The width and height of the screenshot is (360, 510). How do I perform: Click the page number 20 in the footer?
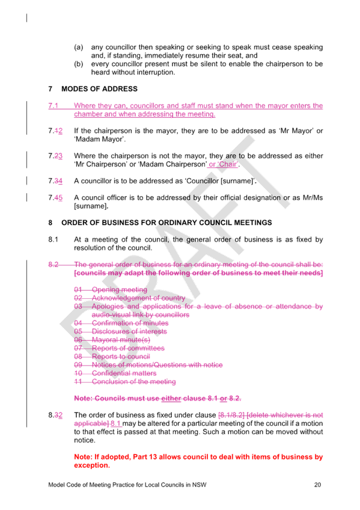[x=317, y=485]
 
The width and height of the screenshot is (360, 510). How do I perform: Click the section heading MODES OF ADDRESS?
[x=99, y=89]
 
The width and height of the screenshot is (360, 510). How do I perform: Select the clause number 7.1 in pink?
[x=53, y=106]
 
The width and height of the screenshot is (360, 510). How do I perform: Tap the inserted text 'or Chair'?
[x=223, y=164]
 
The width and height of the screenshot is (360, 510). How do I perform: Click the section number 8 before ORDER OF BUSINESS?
[x=50, y=223]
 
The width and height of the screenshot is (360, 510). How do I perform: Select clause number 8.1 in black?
[x=53, y=239]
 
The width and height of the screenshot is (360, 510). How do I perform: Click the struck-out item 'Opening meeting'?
[x=120, y=289]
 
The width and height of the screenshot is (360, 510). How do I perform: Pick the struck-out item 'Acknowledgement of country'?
[x=138, y=298]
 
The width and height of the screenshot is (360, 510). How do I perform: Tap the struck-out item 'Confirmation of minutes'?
[x=130, y=323]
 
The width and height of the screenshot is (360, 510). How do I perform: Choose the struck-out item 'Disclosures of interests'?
[x=129, y=331]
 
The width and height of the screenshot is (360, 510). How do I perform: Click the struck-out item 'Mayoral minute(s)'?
[x=121, y=340]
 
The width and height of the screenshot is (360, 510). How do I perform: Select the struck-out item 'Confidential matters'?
[x=124, y=373]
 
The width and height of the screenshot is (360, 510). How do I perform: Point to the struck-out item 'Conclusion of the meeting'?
[x=134, y=381]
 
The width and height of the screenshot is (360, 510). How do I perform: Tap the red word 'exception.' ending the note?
[x=92, y=465]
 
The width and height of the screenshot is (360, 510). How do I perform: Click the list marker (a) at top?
[x=79, y=47]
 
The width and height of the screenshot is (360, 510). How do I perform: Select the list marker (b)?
[x=79, y=64]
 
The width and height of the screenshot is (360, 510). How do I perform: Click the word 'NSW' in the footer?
[x=199, y=485]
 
